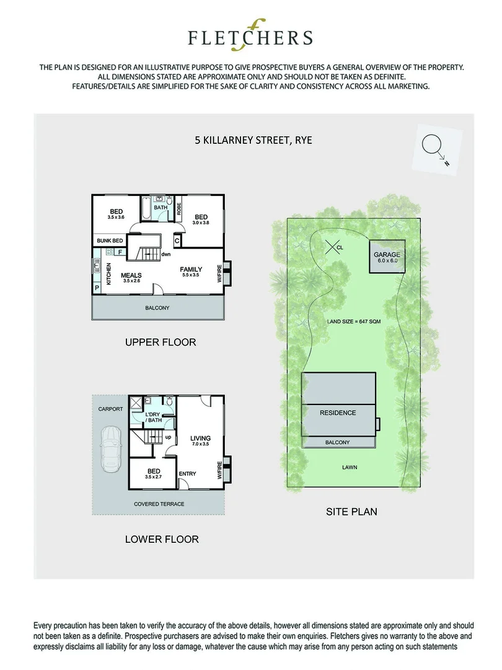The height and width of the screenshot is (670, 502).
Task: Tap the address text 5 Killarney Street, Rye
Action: (253, 140)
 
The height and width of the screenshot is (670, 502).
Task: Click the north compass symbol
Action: (432, 146)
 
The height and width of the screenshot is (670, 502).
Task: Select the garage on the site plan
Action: (385, 256)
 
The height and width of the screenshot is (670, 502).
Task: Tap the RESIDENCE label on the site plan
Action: (338, 413)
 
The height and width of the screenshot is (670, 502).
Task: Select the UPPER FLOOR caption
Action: (160, 342)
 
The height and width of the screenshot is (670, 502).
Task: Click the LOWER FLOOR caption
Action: (162, 539)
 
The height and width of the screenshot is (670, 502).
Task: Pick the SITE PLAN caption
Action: (351, 512)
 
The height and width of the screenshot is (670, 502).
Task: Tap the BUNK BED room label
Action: (110, 241)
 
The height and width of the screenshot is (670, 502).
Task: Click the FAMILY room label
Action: (191, 270)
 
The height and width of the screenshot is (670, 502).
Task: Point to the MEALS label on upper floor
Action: (131, 275)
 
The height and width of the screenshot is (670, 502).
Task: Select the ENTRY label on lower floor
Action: (187, 474)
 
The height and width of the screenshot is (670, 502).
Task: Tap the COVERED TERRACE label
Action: (159, 504)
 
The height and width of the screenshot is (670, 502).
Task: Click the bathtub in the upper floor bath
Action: (143, 210)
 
